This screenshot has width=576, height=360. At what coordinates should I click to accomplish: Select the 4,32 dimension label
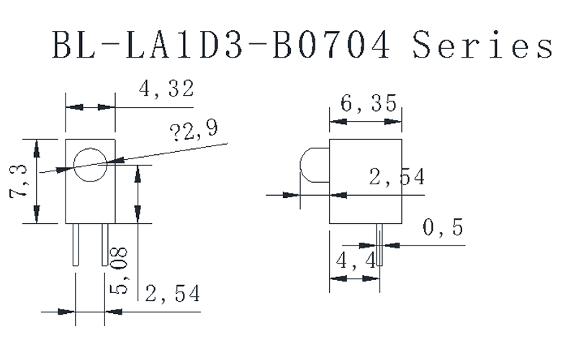(x=167, y=89)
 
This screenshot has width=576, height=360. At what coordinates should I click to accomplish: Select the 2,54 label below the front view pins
(x=173, y=293)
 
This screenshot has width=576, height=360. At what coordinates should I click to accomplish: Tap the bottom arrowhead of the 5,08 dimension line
(x=137, y=215)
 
